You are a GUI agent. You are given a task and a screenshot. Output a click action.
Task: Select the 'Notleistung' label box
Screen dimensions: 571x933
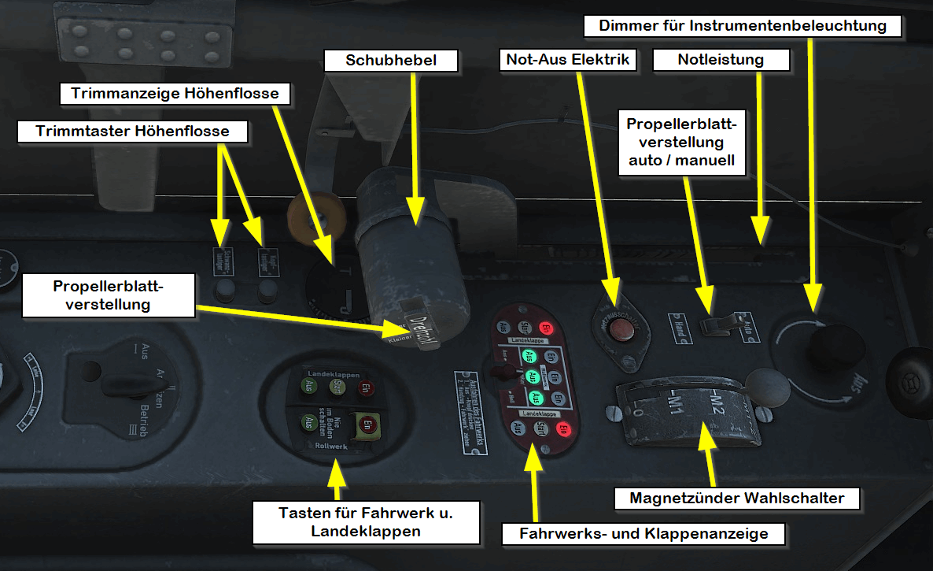721,61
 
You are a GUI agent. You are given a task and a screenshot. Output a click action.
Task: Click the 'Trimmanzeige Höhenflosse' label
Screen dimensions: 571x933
175,94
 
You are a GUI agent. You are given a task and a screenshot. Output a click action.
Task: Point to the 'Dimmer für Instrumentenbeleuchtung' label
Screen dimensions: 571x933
743,26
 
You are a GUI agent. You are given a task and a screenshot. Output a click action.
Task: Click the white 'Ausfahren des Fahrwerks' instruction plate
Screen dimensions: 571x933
471,413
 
